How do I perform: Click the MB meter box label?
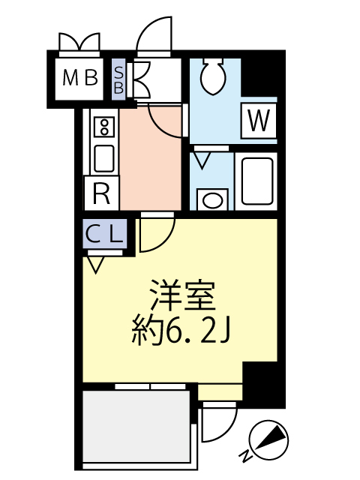click(x=80, y=77)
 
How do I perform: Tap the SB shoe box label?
click(x=119, y=76)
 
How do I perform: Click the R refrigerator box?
click(x=101, y=194)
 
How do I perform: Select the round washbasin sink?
click(x=213, y=199)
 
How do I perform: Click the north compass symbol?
click(x=267, y=438)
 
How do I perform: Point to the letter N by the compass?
click(x=245, y=455)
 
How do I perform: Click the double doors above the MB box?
click(x=79, y=42)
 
